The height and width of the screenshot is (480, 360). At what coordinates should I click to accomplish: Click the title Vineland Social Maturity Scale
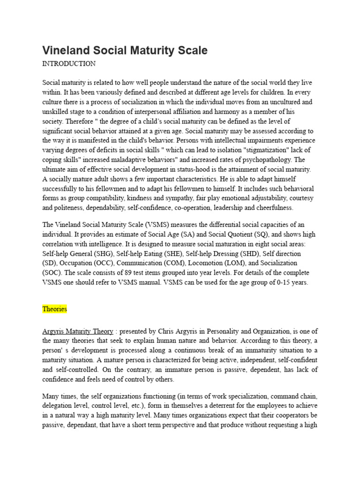tap(125, 50)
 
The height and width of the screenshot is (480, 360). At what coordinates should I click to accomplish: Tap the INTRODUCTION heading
tap(69, 63)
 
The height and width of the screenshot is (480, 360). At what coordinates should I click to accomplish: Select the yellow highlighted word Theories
tap(54, 309)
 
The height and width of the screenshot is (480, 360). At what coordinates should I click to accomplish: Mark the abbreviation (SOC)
tap(53, 273)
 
